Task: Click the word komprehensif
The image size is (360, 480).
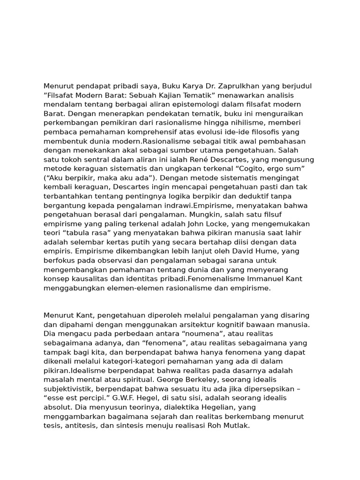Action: pyautogui.click(x=164, y=132)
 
